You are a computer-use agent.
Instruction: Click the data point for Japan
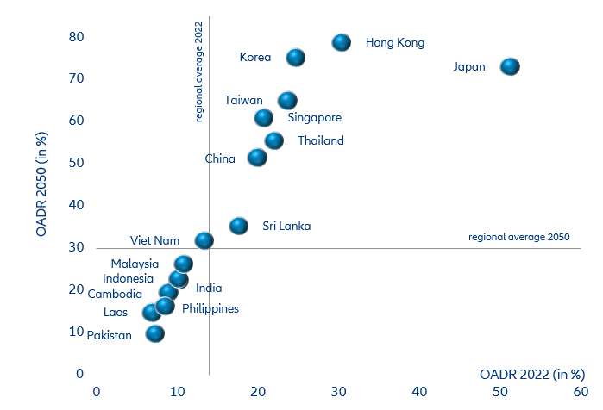(x=510, y=66)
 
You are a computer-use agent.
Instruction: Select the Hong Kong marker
(x=342, y=42)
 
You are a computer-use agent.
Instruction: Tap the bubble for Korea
(x=296, y=58)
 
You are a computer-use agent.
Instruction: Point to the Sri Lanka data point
(x=239, y=226)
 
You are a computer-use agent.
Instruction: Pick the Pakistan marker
(x=155, y=333)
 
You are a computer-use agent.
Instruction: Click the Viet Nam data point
(x=204, y=240)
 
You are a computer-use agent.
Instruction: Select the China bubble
(x=257, y=158)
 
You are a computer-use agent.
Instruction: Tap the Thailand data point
(x=274, y=140)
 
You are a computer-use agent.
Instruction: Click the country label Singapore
(x=314, y=118)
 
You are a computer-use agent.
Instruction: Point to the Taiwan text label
(x=243, y=100)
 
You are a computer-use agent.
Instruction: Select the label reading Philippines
(x=210, y=308)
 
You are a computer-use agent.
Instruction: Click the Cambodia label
(x=115, y=294)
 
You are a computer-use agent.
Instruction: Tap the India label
(x=209, y=289)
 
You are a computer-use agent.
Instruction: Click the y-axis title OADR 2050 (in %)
(x=41, y=184)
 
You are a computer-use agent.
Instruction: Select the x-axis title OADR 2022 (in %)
(x=532, y=374)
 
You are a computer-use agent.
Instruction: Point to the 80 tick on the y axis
(x=77, y=37)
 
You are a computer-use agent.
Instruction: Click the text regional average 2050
(x=518, y=238)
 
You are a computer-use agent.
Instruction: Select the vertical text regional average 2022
(x=199, y=72)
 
